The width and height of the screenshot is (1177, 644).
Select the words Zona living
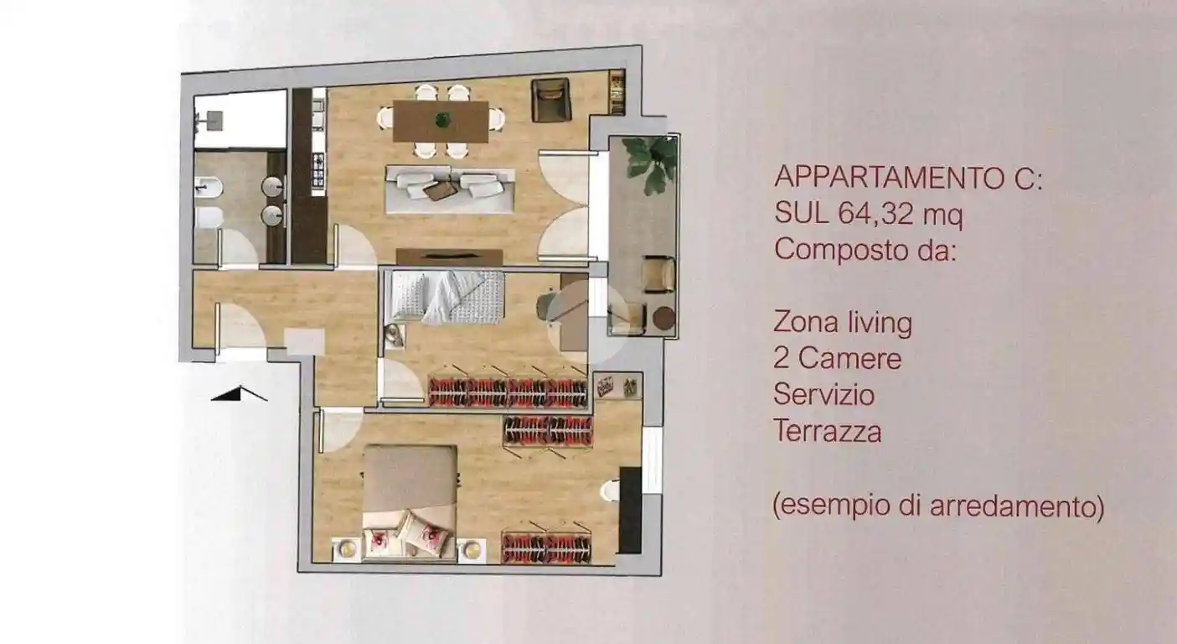[843, 322]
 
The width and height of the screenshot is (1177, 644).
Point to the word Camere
[849, 359]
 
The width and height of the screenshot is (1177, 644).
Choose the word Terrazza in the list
[827, 432]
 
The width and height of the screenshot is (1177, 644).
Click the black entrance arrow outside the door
[240, 392]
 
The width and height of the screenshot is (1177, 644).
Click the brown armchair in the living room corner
[550, 100]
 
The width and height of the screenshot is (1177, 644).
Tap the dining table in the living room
[441, 122]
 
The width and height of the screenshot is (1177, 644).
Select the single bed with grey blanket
[447, 296]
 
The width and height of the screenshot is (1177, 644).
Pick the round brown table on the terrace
[663, 319]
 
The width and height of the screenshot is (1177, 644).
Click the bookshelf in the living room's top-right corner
[617, 92]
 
